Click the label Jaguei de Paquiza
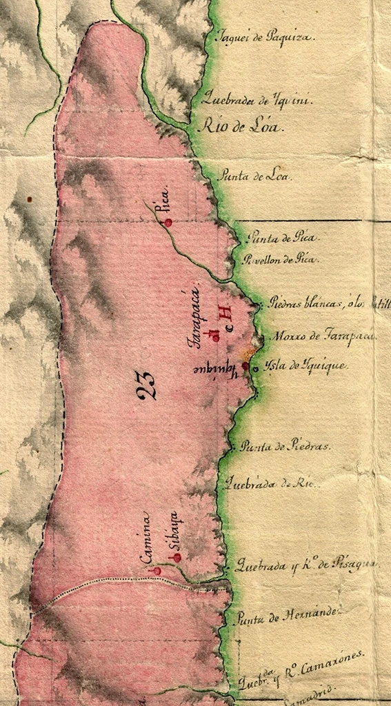pyautogui.click(x=265, y=37)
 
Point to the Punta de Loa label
pyautogui.click(x=254, y=176)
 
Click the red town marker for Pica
pyautogui.click(x=168, y=222)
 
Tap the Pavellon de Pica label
pyautogui.click(x=279, y=260)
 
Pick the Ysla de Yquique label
pyautogui.click(x=308, y=365)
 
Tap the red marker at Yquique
pyautogui.click(x=245, y=366)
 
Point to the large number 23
pyautogui.click(x=146, y=385)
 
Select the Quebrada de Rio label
pyautogui.click(x=269, y=483)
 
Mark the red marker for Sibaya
pyautogui.click(x=177, y=557)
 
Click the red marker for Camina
pyautogui.click(x=157, y=571)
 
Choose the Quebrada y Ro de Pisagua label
pyautogui.click(x=305, y=566)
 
